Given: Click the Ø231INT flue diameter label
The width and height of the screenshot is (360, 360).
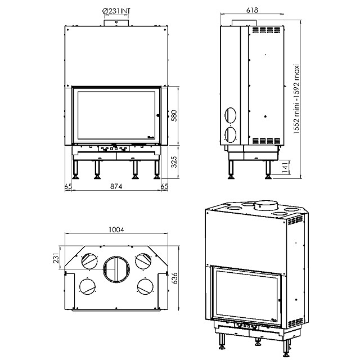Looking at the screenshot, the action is (x=116, y=11).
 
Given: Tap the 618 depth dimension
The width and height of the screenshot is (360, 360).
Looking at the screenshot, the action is (x=252, y=10).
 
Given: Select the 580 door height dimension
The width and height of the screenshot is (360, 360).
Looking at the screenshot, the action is (x=174, y=116).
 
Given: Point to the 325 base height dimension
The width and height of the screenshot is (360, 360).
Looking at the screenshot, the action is (x=174, y=162).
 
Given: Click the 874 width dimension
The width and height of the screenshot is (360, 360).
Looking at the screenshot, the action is (x=116, y=186).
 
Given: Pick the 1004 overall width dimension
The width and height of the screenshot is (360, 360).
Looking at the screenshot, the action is (x=116, y=229).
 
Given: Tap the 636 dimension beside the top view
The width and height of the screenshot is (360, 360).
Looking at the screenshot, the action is (x=175, y=278).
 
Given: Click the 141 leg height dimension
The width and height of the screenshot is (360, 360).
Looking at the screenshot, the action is (x=285, y=167).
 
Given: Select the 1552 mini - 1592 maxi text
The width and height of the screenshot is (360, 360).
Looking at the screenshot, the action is (x=296, y=99).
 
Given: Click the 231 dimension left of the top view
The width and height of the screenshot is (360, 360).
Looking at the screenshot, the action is (x=56, y=258).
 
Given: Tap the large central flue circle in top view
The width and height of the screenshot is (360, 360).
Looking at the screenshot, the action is (x=116, y=269).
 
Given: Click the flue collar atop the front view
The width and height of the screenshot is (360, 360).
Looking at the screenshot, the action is (x=116, y=22).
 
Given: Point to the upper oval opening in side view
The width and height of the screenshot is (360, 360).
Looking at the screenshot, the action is (x=230, y=115).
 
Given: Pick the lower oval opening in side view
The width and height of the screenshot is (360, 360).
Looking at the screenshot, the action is (x=230, y=134).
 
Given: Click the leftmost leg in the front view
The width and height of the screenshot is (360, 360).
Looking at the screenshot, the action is (x=75, y=170).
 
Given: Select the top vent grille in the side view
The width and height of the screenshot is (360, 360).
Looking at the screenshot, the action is (x=267, y=30).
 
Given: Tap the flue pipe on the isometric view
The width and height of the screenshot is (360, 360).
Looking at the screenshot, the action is (x=265, y=205).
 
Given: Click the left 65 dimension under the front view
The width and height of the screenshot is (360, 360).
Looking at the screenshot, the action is (x=68, y=186).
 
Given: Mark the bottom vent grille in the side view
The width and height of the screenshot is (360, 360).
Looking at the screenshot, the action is (x=267, y=141).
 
